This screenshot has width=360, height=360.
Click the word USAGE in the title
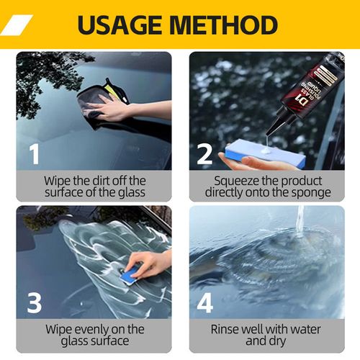(122, 24)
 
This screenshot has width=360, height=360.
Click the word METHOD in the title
(226, 24)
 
